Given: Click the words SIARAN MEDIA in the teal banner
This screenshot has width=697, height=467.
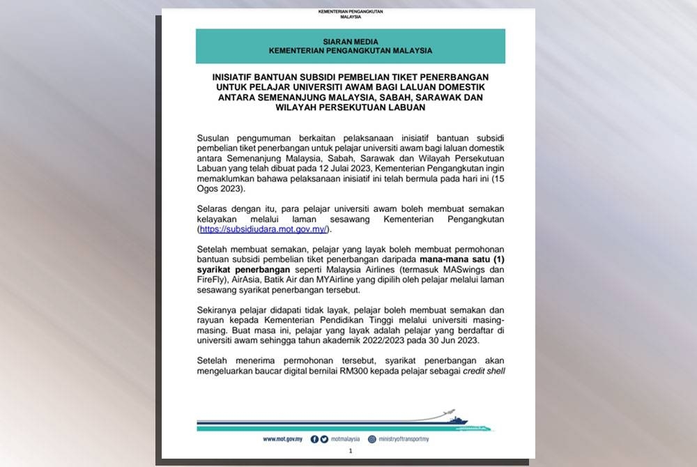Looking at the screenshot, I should (351, 42).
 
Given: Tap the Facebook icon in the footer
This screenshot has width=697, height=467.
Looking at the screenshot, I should (314, 439).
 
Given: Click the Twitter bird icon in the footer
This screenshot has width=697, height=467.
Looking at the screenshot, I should (324, 439).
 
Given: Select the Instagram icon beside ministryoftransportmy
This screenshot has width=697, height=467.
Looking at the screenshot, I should (372, 439).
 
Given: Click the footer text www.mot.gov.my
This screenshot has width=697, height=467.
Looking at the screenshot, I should (282, 439).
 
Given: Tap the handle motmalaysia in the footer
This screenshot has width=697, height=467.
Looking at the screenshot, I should (345, 439).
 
